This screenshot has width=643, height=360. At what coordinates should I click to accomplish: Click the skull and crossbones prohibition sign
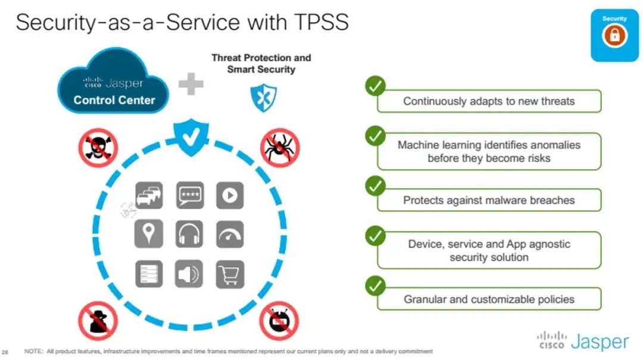tap(98, 148)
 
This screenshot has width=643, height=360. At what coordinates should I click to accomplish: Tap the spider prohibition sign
tap(280, 148)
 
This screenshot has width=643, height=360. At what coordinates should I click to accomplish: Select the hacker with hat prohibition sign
tap(98, 321)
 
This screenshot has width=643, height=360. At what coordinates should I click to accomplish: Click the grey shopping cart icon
tap(230, 274)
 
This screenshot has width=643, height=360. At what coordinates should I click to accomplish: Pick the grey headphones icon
tap(189, 234)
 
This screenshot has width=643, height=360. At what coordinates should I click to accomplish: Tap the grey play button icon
tap(230, 195)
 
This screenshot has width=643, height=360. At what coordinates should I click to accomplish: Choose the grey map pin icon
tap(148, 234)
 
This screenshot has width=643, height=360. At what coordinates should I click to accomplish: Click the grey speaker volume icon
tap(189, 274)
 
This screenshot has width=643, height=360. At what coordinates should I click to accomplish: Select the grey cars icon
tap(148, 195)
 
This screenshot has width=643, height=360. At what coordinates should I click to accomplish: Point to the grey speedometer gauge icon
tap(230, 234)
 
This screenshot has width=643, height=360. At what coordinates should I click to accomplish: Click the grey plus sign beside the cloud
tap(191, 84)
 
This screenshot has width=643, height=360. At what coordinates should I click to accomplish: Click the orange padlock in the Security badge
tap(614, 35)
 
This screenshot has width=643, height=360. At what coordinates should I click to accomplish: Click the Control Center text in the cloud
tap(114, 100)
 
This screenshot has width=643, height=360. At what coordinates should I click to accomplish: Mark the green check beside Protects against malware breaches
tap(375, 186)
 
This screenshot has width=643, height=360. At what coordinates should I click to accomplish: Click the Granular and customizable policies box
tap(489, 299)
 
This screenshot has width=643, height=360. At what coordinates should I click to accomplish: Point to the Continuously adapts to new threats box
tap(489, 101)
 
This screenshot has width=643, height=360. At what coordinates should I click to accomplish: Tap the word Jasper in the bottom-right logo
tap(600, 342)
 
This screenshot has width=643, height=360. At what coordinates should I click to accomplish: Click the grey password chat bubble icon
tap(190, 195)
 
